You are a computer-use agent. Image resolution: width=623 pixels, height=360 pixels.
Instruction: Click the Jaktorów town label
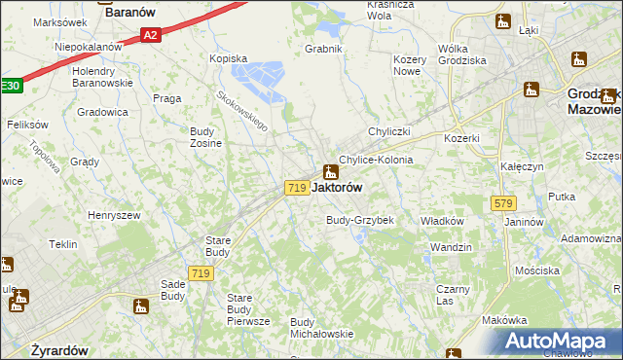click(x=341, y=187)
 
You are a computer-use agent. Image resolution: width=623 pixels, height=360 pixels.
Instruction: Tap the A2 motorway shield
click(x=149, y=36)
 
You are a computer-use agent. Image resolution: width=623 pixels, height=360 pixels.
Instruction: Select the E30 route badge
click(x=9, y=86)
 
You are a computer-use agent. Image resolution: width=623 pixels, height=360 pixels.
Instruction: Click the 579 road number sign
click(x=502, y=203)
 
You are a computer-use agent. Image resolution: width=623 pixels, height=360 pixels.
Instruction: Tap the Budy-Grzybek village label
click(x=359, y=220)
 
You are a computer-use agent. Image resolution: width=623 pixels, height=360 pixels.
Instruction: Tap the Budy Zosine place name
click(x=205, y=137)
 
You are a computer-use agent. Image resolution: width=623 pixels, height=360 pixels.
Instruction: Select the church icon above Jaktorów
click(x=331, y=171)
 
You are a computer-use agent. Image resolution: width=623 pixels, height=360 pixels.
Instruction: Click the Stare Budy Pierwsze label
click(x=247, y=308)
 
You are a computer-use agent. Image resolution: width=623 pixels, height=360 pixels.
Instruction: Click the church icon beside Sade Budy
click(x=142, y=307)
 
